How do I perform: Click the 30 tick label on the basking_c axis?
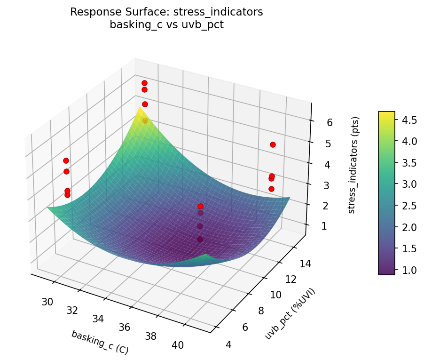pos(47,302)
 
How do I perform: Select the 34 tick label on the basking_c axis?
pos(98,319)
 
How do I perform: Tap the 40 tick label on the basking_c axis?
pos(178,345)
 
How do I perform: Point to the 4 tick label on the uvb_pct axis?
pos(229,345)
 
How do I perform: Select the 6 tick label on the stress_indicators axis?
pos(330,123)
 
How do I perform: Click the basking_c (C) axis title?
pos(100,342)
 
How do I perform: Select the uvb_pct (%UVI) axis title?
pos(290,313)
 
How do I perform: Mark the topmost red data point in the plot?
pos(144,83)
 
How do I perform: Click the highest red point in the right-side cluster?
pos(273,145)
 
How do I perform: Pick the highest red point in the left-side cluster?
pos(66,161)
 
